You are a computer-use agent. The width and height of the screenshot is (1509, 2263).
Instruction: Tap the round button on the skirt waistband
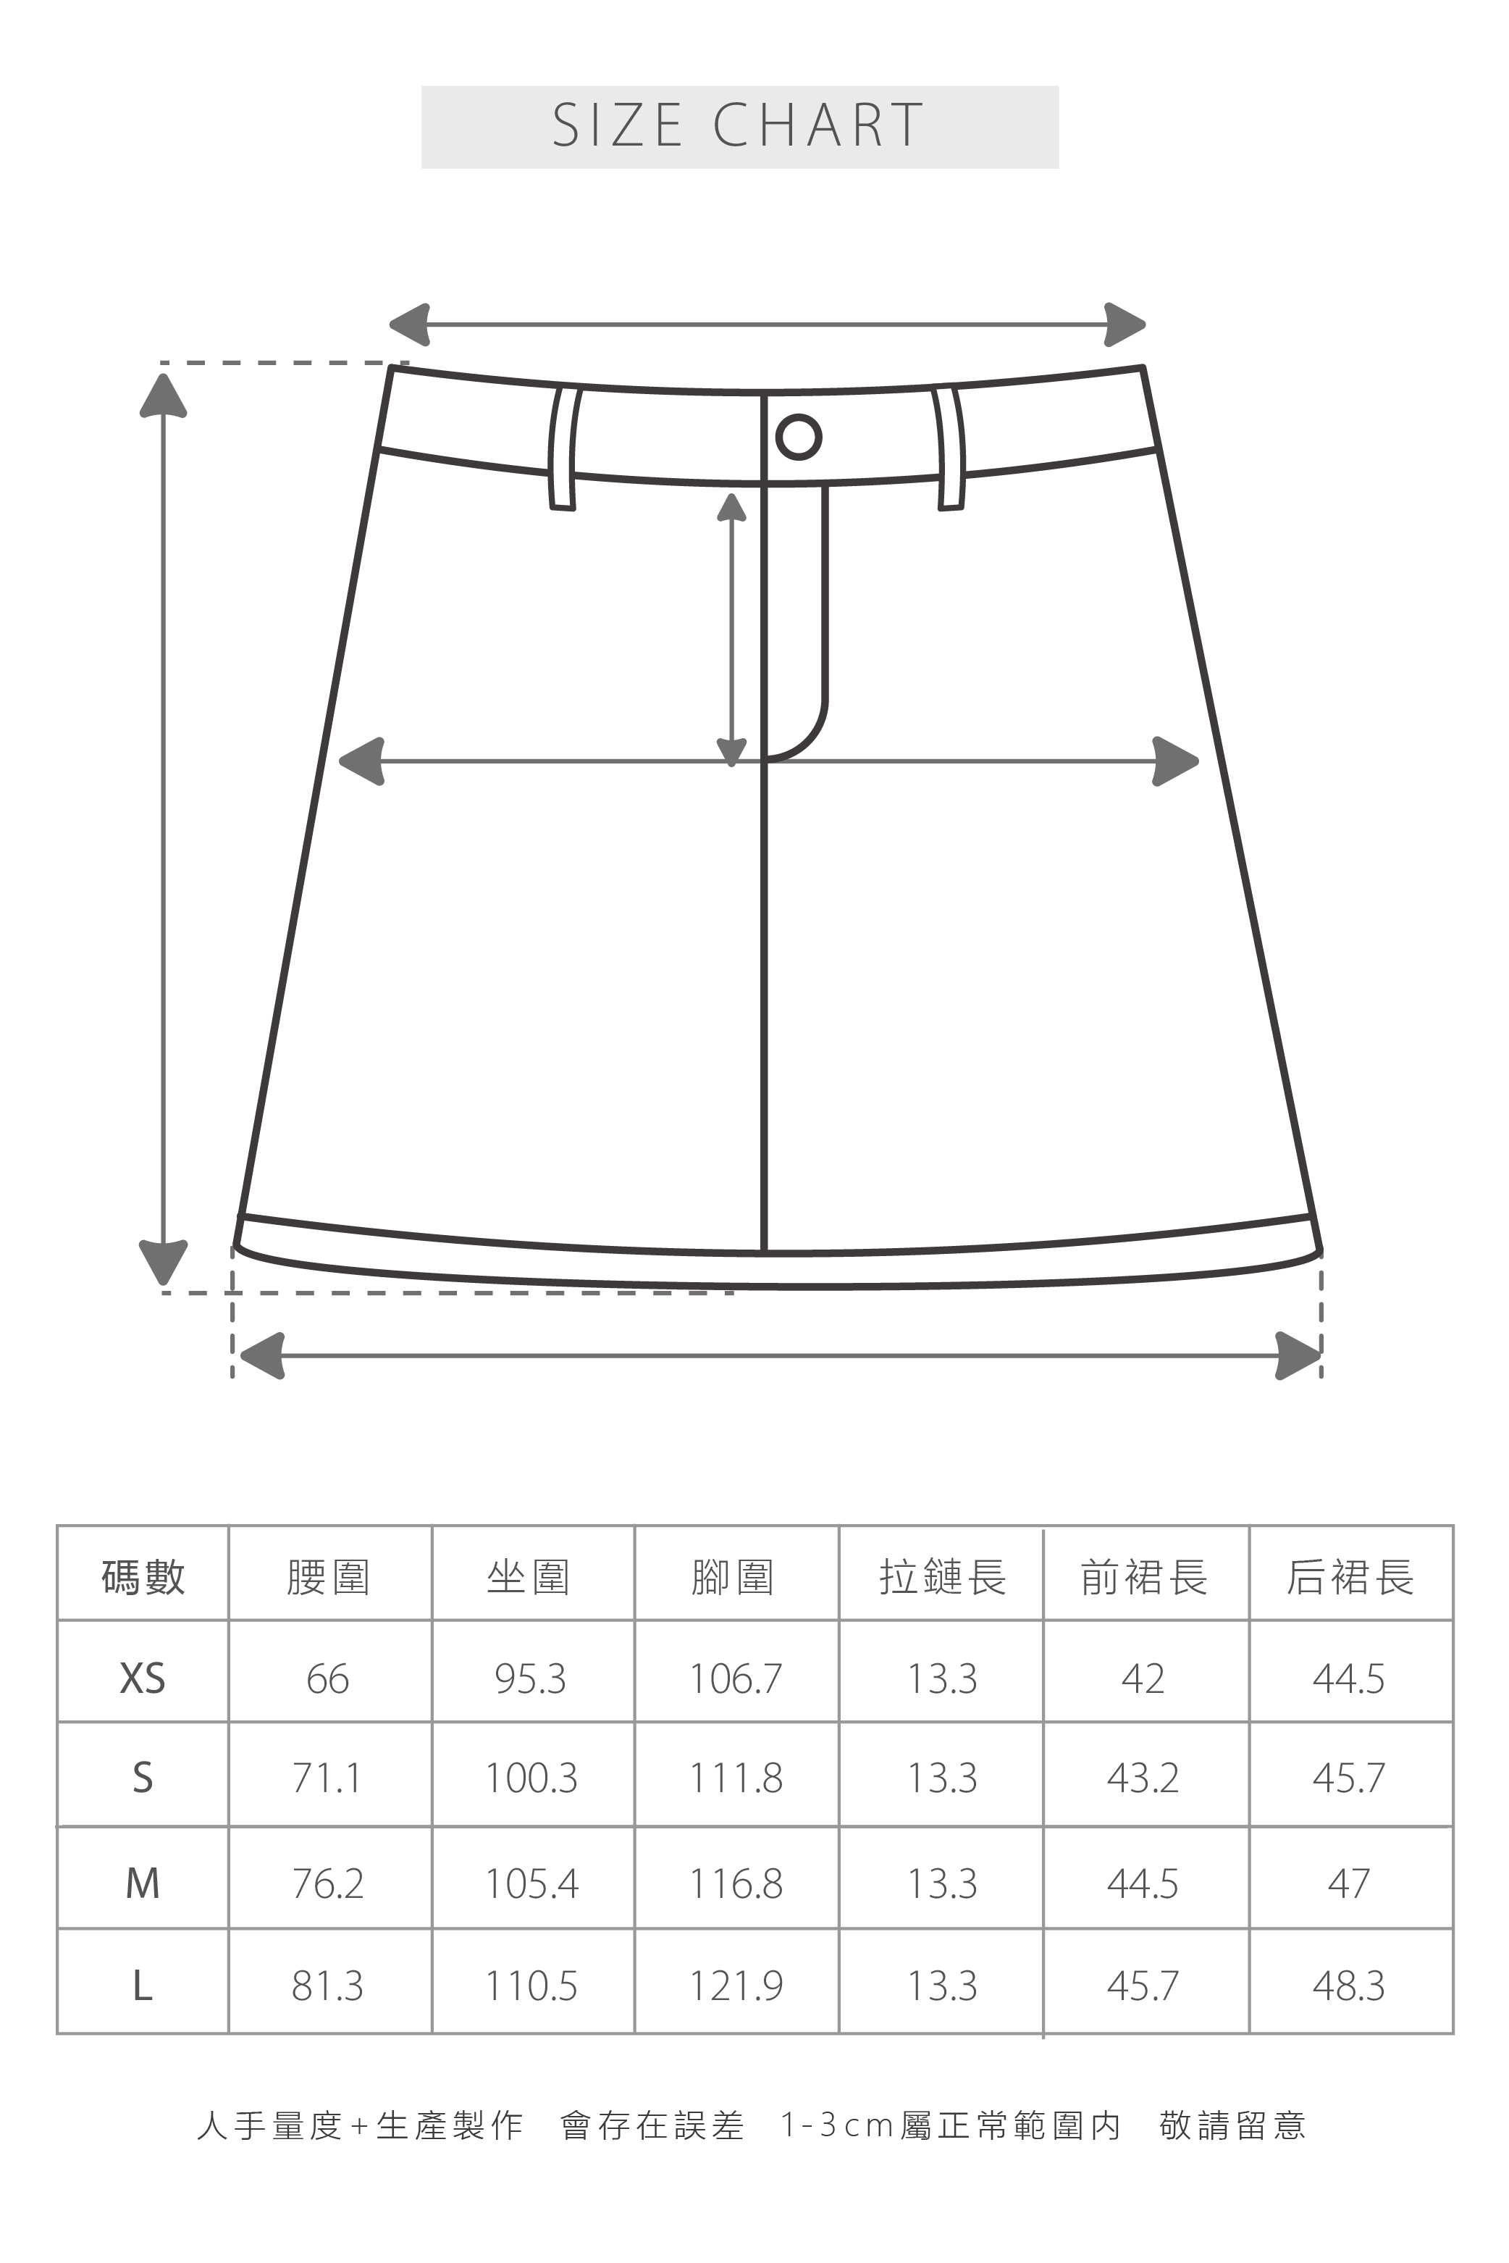click(x=798, y=436)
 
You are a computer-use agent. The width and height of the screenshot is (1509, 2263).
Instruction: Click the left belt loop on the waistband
click(x=563, y=448)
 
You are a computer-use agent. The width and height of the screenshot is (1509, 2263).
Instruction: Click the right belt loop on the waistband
click(x=949, y=448)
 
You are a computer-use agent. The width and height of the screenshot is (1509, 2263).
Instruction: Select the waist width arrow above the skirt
click(x=767, y=325)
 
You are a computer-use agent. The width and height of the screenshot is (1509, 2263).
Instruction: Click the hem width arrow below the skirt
click(x=780, y=1355)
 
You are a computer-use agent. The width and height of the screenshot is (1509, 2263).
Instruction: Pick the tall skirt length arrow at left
click(x=164, y=828)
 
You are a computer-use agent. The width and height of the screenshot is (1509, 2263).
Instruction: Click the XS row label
click(x=143, y=1678)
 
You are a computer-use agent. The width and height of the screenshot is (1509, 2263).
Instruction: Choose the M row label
click(x=143, y=1883)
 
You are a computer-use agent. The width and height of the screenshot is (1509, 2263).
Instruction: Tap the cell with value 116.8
click(x=736, y=1883)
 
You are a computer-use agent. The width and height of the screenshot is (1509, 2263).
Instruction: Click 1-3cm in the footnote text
click(x=838, y=2125)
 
